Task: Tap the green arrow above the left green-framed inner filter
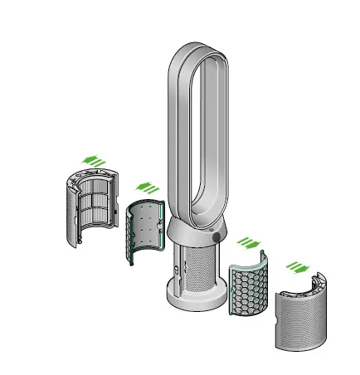pyautogui.click(x=147, y=187)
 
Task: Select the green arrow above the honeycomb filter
pyautogui.click(x=248, y=243)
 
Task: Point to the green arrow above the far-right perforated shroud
pyautogui.click(x=296, y=268)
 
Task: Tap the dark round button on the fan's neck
pyautogui.click(x=217, y=236)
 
